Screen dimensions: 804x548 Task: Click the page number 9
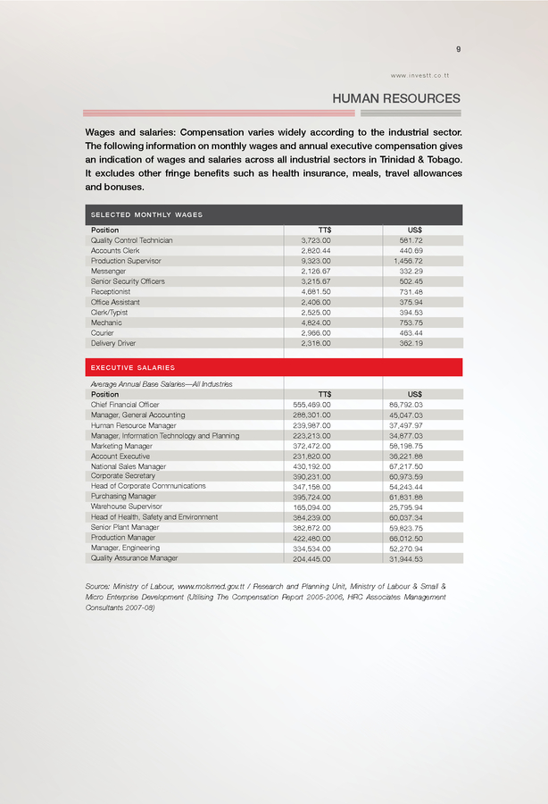458,49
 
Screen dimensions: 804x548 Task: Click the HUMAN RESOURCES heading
396,98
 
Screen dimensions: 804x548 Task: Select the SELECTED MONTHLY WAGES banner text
146,215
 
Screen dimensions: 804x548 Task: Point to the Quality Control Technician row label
132,240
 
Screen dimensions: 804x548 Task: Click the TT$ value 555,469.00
312,405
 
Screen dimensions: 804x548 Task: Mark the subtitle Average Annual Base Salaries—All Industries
162,383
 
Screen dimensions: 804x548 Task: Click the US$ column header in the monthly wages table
414,230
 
